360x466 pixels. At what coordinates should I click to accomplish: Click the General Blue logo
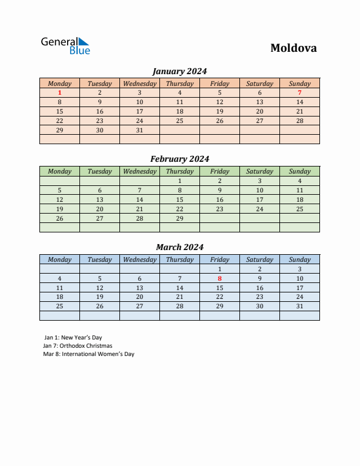[x=65, y=46]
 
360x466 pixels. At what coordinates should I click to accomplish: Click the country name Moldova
[x=294, y=48]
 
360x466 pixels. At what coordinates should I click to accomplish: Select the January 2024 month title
[x=179, y=71]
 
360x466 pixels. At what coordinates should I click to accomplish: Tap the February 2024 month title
[x=179, y=159]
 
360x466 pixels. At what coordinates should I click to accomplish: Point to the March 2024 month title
[x=179, y=247]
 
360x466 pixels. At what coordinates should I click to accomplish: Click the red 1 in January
[x=59, y=92]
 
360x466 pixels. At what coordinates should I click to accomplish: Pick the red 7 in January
[x=299, y=92]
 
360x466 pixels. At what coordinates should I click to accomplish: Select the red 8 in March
[x=219, y=278]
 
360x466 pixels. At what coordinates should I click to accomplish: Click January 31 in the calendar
[x=139, y=130]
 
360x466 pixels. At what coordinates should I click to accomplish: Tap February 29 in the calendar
[x=179, y=218]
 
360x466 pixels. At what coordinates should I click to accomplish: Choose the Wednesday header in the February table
[x=139, y=171]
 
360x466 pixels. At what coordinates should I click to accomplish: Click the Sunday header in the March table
[x=299, y=259]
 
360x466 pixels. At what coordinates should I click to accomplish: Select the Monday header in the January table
[x=59, y=84]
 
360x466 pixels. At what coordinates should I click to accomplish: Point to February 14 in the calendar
[x=139, y=199]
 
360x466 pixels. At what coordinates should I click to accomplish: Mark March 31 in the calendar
[x=299, y=307]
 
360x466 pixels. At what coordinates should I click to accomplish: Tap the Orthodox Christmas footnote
[x=78, y=346]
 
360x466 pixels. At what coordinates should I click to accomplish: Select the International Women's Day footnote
[x=89, y=354]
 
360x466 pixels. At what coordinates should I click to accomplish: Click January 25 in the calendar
[x=179, y=121]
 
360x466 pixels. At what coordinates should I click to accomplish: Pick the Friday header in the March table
[x=219, y=259]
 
